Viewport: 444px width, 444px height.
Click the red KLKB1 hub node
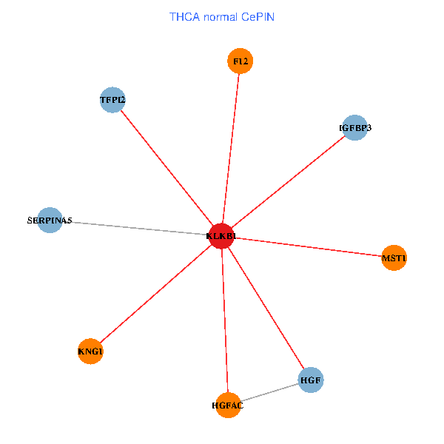(221, 236)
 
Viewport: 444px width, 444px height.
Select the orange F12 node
(240, 61)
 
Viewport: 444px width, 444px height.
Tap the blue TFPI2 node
(112, 100)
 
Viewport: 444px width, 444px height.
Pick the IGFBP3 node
(354, 128)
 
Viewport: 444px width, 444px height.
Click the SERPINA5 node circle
(50, 220)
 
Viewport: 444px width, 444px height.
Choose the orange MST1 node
(394, 258)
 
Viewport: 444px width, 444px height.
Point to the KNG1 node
(90, 351)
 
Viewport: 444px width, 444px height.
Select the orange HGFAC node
(228, 406)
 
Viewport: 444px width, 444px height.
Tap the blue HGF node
(311, 380)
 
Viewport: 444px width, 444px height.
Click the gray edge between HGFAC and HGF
(269, 392)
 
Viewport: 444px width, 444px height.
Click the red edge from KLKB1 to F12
(231, 149)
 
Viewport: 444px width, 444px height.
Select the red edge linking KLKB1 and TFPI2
(167, 168)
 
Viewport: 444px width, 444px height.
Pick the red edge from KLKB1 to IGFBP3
(288, 182)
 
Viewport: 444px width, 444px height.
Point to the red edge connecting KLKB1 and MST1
(308, 247)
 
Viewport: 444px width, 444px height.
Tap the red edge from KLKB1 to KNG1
(155, 294)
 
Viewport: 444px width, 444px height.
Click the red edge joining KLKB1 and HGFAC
(225, 320)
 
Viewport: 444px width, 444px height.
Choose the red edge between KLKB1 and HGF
(266, 308)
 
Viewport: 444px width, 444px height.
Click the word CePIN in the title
(258, 17)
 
